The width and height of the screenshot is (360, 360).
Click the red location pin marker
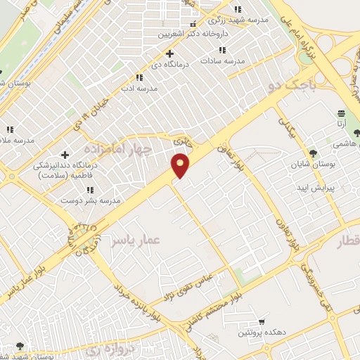[181, 165]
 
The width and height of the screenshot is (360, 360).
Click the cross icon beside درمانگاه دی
[169, 53]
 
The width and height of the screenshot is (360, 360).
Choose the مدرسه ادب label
[139, 89]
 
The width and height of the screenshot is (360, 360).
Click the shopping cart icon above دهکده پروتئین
[262, 320]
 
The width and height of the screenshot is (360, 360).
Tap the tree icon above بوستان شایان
[314, 153]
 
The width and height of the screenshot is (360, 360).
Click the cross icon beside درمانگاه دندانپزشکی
[65, 154]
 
